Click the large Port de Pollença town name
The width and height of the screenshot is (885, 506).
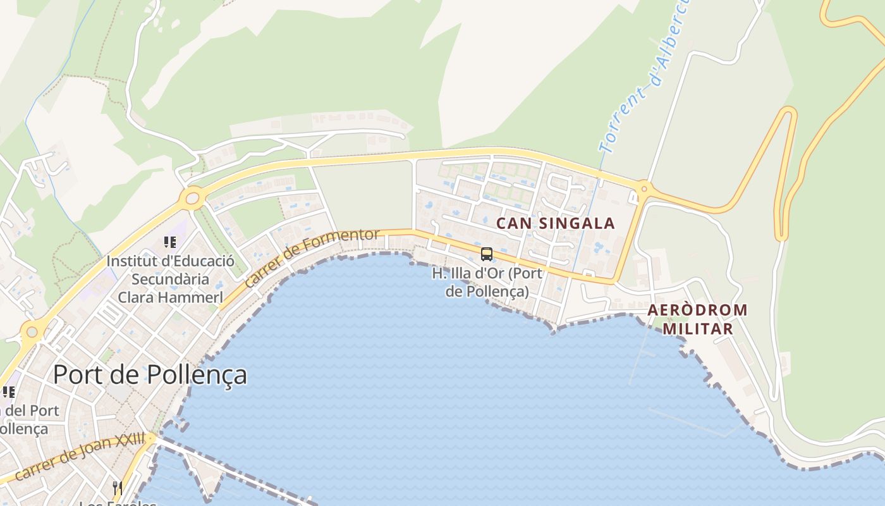coord(150,374)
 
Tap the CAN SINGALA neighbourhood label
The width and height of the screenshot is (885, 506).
coord(555,223)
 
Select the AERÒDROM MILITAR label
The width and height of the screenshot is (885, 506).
coord(697,319)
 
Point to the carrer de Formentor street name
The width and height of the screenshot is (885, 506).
coord(312,257)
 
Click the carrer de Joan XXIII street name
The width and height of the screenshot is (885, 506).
coord(80,456)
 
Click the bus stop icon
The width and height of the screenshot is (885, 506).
coord(486,254)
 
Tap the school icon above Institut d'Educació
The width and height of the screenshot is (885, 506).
coord(169,242)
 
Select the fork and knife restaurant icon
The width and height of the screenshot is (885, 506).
coord(117,488)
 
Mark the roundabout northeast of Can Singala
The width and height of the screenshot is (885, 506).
coord(644,188)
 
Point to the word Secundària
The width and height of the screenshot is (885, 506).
coord(170,279)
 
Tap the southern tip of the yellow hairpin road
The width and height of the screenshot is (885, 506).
coord(781,237)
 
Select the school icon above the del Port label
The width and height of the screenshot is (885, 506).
coord(8,392)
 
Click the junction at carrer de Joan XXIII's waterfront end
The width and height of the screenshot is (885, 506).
coord(152,438)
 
